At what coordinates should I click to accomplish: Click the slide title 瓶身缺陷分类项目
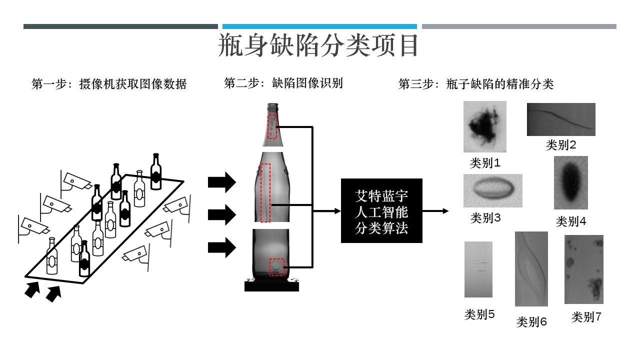(318, 46)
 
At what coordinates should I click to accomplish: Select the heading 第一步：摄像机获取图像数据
(109, 84)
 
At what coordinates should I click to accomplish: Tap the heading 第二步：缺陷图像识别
(283, 82)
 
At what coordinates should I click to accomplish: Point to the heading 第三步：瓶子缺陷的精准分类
(476, 84)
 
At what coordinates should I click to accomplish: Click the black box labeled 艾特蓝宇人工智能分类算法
(381, 211)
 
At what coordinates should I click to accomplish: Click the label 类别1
(485, 163)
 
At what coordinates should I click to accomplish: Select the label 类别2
(561, 145)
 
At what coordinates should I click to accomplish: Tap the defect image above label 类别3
(492, 190)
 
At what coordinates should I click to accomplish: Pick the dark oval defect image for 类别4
(570, 182)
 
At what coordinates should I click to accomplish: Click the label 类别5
(479, 314)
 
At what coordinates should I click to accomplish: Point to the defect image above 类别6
(531, 269)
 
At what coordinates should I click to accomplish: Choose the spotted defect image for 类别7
(583, 269)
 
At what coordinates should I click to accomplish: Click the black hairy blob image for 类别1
(484, 126)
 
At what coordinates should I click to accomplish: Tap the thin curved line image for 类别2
(561, 119)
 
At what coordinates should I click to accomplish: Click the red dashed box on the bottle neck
(272, 127)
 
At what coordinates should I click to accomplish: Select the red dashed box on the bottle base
(276, 267)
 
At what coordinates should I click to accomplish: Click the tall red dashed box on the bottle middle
(265, 193)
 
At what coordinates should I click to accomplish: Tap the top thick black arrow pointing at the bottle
(221, 182)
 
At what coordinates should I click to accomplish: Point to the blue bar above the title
(319, 26)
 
